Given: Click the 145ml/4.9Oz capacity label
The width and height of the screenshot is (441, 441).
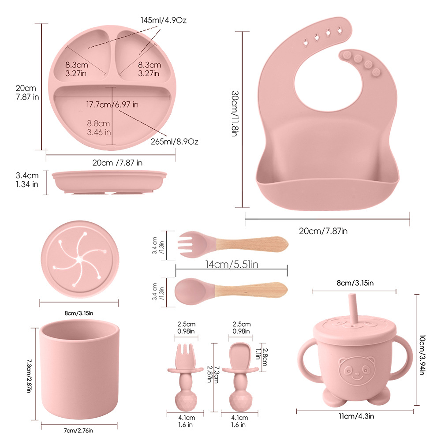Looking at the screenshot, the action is tap(164, 20).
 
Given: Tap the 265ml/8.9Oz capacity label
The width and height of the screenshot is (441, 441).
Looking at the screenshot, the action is tap(174, 142).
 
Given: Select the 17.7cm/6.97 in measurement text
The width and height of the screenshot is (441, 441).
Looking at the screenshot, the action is tap(112, 105).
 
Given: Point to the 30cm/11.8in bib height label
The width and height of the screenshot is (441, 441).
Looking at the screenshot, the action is tap(235, 114).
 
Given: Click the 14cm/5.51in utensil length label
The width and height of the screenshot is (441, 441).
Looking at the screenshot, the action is tap(232, 264).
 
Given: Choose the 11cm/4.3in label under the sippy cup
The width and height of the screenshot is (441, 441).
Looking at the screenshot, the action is tap(356, 416).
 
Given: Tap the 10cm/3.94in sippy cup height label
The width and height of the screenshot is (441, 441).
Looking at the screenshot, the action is tap(422, 355).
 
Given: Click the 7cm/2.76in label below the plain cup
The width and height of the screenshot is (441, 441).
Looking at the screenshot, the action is tap(78, 430).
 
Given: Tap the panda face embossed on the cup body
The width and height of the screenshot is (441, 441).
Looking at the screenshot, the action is tap(357, 370).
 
